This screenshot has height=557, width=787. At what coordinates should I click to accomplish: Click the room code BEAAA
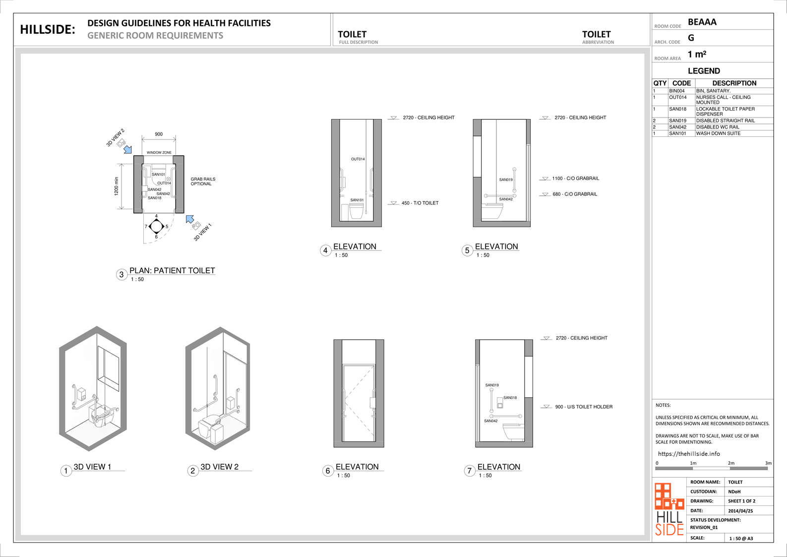702,22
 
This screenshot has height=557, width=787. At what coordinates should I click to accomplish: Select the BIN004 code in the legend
676,91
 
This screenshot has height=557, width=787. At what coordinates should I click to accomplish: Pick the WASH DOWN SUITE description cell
718,133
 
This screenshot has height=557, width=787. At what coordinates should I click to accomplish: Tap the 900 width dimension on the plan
159,134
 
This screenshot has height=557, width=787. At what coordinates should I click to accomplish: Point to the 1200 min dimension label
117,186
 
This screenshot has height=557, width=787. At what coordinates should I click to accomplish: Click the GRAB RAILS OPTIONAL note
203,182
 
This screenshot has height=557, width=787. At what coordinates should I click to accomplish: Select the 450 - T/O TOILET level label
420,203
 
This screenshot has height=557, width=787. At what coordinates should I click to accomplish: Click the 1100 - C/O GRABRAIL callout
575,178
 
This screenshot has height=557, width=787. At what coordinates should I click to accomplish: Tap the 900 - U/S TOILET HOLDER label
583,407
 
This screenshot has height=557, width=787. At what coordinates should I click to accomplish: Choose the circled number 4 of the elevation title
325,250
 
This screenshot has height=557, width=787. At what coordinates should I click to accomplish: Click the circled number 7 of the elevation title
470,471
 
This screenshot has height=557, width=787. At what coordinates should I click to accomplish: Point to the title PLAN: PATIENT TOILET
172,270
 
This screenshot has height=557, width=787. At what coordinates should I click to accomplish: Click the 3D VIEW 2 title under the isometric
219,467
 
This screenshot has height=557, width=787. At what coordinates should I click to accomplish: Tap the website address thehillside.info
689,454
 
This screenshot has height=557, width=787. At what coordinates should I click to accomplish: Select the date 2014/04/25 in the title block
740,511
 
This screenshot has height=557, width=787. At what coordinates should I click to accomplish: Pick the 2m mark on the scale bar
731,463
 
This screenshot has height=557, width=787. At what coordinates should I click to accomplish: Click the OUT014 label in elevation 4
358,159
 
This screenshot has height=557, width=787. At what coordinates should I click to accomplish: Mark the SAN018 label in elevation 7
510,398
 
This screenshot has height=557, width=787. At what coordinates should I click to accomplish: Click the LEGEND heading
704,71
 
